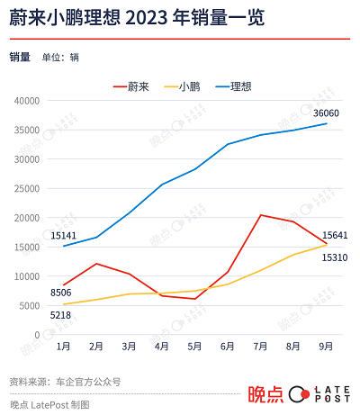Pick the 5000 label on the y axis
[31, 305]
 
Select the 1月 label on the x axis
[64, 346]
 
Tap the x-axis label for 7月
[261, 346]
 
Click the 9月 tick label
[326, 346]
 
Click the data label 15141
[64, 236]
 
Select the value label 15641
[335, 235]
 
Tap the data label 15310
[335, 257]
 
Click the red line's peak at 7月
[261, 215]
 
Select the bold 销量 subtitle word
[20, 58]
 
